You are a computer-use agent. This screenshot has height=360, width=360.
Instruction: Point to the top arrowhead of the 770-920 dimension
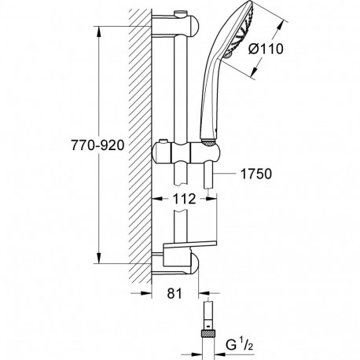pos(98,32)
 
